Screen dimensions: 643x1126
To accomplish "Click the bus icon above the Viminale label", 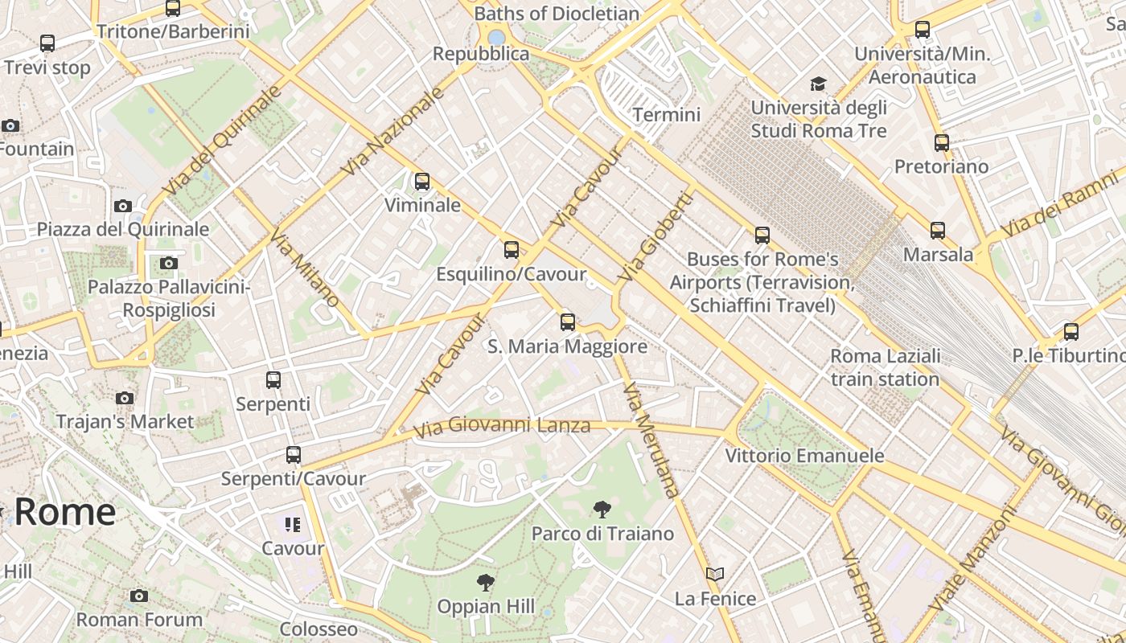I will (x=422, y=182).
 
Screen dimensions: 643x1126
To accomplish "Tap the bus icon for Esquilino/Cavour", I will (x=512, y=250).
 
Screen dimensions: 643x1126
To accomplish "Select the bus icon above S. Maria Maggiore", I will (x=568, y=322).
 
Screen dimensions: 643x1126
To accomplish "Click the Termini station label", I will (x=666, y=115).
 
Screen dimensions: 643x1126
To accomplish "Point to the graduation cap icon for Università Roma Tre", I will (x=818, y=84).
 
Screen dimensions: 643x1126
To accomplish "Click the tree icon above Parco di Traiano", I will (x=601, y=509).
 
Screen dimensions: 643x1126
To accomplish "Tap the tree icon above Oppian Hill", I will (x=485, y=583).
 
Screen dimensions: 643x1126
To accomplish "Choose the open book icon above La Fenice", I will (x=715, y=574).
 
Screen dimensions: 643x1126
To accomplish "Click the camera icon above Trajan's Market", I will (x=125, y=398).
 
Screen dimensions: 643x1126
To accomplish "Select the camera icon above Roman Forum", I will (x=139, y=596).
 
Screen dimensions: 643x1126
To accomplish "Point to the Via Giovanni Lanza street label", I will (x=502, y=426).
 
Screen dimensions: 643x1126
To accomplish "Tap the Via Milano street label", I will (x=304, y=268).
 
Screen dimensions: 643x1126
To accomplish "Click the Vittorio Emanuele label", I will (x=804, y=456).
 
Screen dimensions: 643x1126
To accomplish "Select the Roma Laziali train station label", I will (x=885, y=367).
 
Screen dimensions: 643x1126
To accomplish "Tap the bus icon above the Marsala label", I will (x=938, y=231).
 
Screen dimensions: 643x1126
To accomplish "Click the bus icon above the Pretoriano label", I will (x=942, y=143).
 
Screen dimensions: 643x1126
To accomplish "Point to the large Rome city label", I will (x=64, y=512).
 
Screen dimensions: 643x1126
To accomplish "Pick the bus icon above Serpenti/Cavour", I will (x=294, y=455).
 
